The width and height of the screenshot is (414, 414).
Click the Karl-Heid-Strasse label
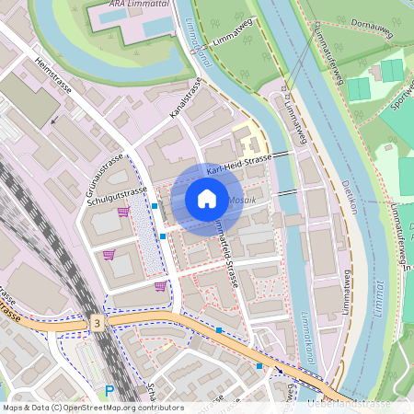[x=238, y=165]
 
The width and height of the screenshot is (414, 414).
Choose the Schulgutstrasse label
[x=118, y=198]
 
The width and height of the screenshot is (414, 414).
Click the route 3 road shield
[x=97, y=323]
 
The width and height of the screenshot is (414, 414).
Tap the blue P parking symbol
[x=109, y=391]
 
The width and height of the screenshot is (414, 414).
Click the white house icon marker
[x=207, y=198]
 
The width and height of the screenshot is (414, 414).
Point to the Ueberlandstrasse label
[x=350, y=404]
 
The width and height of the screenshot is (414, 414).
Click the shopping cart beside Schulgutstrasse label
[x=122, y=213]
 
